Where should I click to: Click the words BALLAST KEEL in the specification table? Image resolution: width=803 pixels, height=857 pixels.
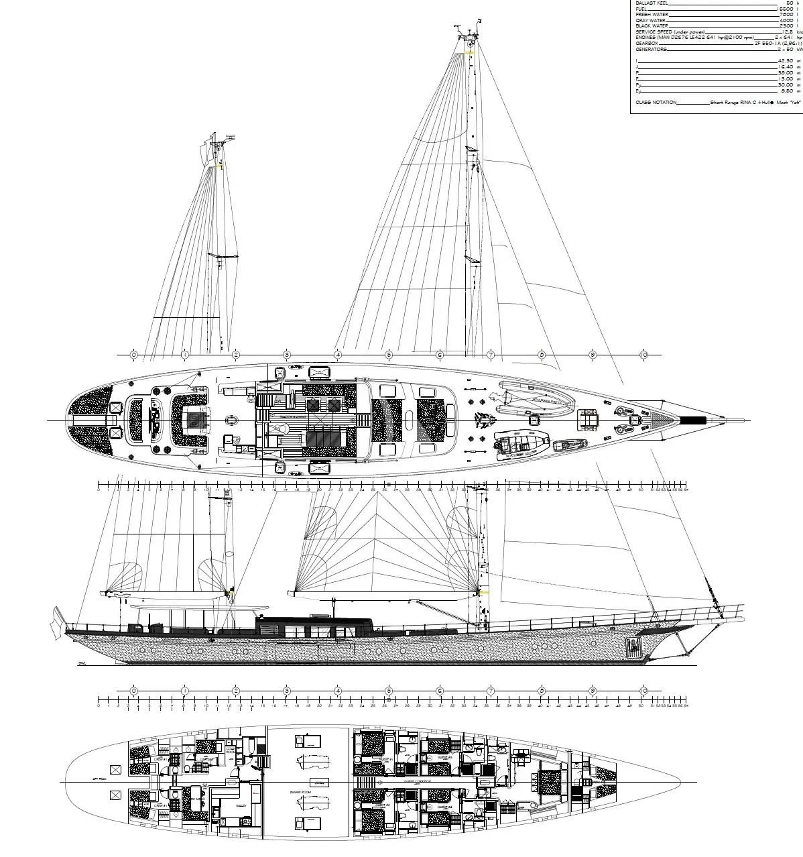(652, 3)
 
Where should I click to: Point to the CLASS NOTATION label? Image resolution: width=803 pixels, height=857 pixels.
(656, 103)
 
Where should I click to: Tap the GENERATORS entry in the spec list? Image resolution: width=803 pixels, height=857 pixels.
(651, 49)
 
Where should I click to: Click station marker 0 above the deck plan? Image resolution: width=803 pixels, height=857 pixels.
(133, 354)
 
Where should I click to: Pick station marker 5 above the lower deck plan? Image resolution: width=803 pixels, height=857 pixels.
(388, 691)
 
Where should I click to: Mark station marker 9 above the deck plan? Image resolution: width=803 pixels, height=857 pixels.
(593, 354)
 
